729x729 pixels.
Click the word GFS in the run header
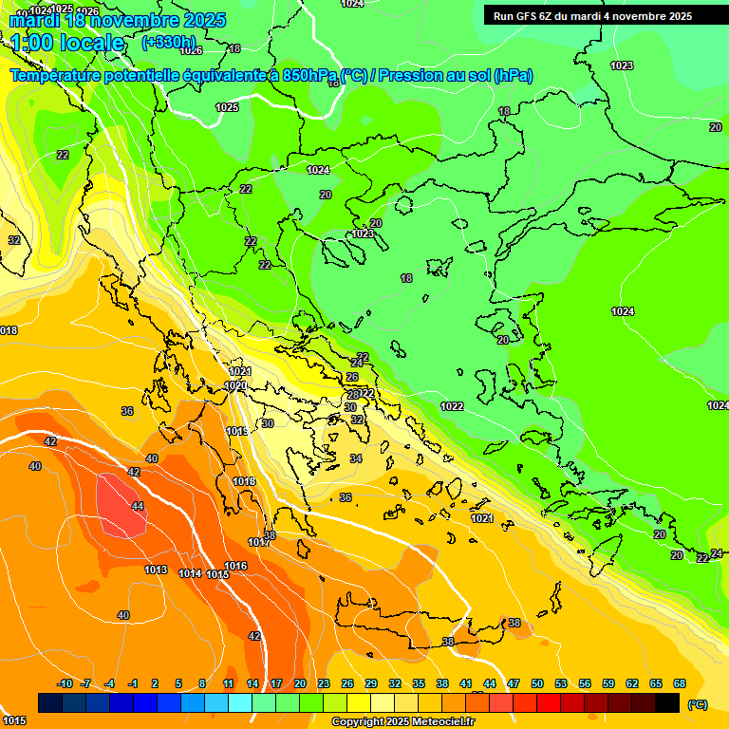click(529, 16)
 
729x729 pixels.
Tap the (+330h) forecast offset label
click(169, 43)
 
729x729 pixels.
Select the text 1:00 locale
click(67, 43)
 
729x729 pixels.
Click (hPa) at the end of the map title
click(513, 76)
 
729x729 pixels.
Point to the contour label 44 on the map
click(138, 506)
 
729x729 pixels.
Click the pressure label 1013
click(157, 570)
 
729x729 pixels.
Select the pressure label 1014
click(190, 573)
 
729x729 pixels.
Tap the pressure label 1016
click(235, 566)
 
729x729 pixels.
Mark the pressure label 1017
click(258, 542)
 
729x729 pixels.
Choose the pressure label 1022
click(452, 406)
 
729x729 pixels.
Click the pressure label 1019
click(237, 432)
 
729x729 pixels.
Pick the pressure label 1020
click(235, 386)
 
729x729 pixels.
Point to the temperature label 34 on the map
click(356, 458)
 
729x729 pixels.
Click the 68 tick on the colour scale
click(680, 683)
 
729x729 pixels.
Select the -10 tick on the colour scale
click(65, 683)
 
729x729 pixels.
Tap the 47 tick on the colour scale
click(514, 683)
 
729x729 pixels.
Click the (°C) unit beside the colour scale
click(698, 703)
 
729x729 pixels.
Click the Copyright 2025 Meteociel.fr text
click(402, 722)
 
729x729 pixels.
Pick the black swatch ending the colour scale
click(668, 702)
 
